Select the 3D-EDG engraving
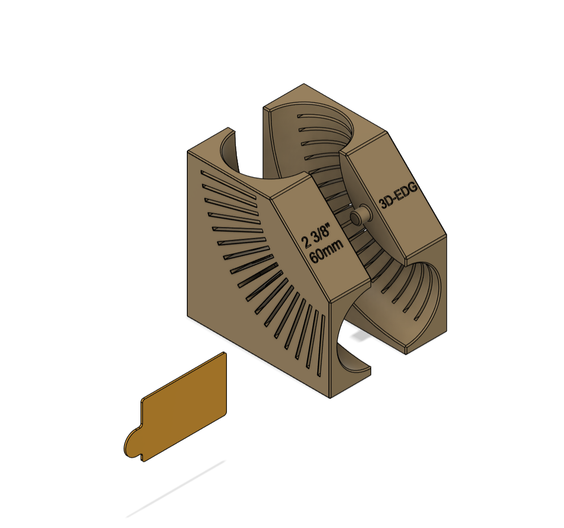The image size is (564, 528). point(398,195)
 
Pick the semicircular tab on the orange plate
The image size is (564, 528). point(131,443)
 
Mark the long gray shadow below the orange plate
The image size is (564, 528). point(175,489)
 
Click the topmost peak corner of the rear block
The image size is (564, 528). point(304,84)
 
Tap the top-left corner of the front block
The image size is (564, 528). point(188,151)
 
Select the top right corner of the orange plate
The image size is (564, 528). point(225,353)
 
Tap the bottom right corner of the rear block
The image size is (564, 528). point(446,331)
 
